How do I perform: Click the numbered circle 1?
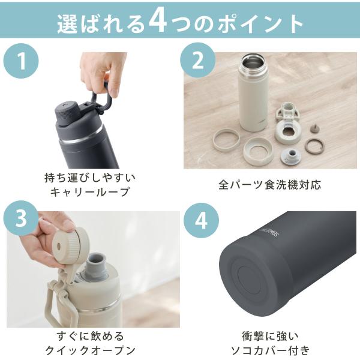[x=21, y=61]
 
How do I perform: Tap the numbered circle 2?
[x=197, y=60]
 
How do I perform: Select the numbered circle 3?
[x=20, y=218]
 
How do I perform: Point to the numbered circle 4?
[x=201, y=220]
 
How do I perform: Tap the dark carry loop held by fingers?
[x=101, y=99]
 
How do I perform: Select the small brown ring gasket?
[x=314, y=146]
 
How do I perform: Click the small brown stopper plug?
[x=314, y=128]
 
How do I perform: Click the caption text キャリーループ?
[x=90, y=192]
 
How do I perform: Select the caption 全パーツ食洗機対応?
[x=269, y=185]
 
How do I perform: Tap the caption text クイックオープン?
[x=90, y=350]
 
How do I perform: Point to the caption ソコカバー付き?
[x=270, y=350]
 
